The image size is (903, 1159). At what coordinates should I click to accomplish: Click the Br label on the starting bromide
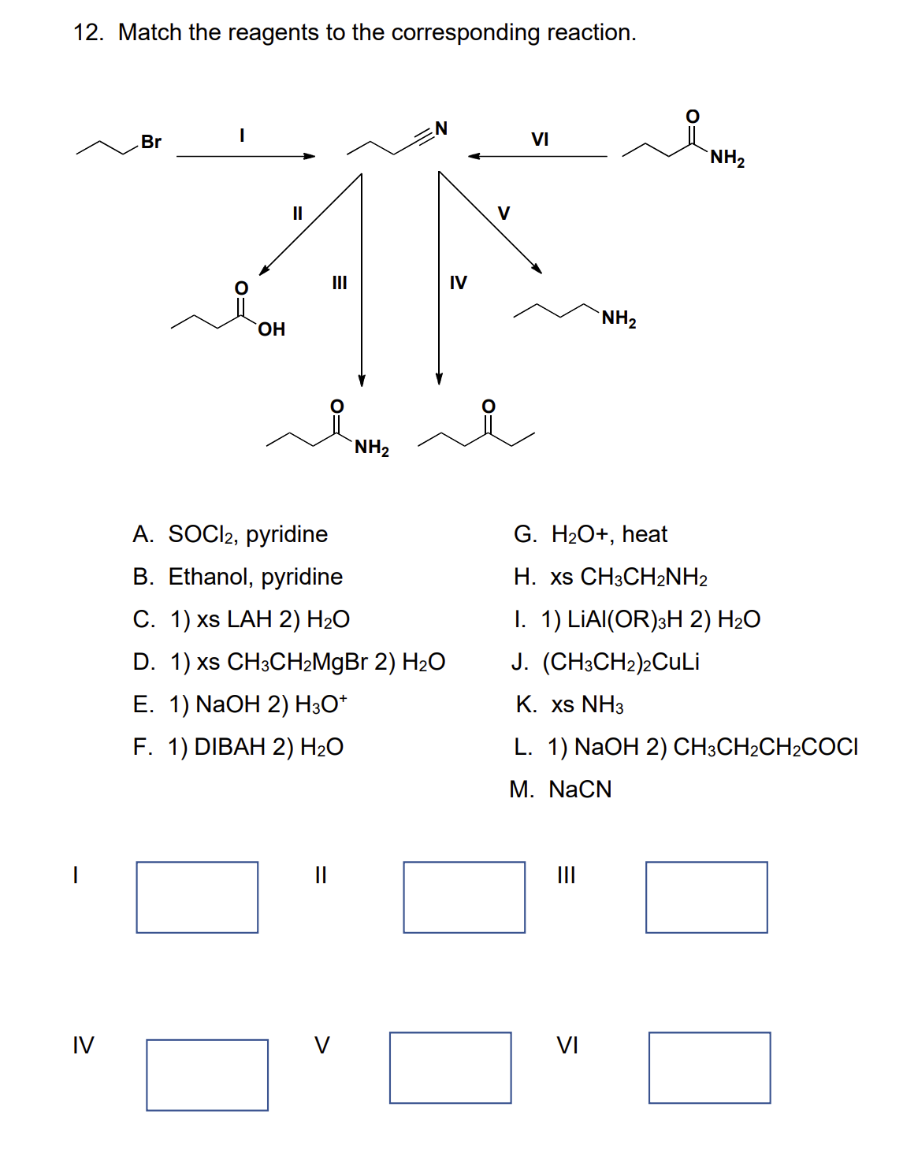click(x=151, y=142)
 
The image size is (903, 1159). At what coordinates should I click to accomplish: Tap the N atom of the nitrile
click(x=441, y=128)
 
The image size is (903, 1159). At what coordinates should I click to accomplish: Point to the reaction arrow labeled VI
click(x=538, y=156)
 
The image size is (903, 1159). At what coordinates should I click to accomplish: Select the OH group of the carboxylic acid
click(x=271, y=329)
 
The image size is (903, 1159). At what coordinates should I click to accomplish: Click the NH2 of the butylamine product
click(x=619, y=319)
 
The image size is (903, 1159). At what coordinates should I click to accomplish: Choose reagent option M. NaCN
click(x=560, y=789)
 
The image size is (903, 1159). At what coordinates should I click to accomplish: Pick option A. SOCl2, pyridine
click(x=230, y=534)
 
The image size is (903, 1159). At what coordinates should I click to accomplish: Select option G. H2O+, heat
click(x=590, y=534)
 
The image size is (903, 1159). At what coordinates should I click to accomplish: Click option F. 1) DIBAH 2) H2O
click(x=238, y=746)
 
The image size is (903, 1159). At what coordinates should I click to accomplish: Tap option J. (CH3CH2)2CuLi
click(x=605, y=662)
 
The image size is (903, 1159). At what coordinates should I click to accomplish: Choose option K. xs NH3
click(x=570, y=704)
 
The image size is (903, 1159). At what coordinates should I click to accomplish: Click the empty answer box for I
click(x=197, y=897)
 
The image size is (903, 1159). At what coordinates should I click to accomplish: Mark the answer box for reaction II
click(x=464, y=897)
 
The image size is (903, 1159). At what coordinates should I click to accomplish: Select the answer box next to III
click(x=706, y=897)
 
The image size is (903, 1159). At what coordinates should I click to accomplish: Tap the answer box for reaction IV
click(x=207, y=1075)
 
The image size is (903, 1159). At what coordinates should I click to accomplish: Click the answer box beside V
click(x=450, y=1068)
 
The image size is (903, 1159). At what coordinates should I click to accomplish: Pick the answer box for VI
click(x=709, y=1068)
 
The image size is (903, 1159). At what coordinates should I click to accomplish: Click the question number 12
click(x=87, y=32)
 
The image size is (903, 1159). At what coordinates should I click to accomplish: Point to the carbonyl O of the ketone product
click(x=489, y=406)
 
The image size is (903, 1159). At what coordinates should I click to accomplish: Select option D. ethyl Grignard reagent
click(x=289, y=662)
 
